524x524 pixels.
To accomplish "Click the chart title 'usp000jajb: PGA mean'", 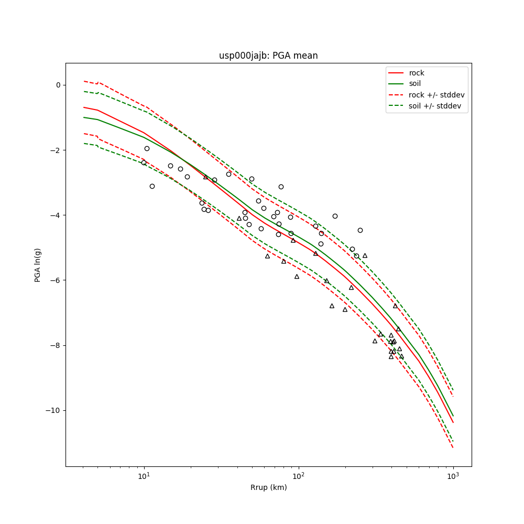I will point(268,56).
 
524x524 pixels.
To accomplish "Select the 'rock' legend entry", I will point(417,73).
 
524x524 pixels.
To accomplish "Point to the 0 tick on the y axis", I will point(58,85).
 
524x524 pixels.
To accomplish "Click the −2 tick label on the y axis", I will point(56,150).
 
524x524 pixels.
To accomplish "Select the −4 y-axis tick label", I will point(56,215).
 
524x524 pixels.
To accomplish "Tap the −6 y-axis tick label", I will point(56,280).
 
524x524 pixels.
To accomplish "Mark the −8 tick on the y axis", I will point(56,345).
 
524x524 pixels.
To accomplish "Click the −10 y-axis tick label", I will point(53,410).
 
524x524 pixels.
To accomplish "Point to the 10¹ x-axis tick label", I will point(144,476).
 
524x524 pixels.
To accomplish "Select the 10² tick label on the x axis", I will point(298,476).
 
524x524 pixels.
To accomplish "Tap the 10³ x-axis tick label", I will point(453,476).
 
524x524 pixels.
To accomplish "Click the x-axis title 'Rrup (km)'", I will point(268,487).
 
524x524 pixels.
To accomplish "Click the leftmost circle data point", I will point(144,162).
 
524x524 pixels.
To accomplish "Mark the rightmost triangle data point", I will point(401,356).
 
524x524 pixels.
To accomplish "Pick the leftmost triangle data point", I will point(205,177).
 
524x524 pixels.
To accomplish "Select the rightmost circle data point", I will point(360,230).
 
